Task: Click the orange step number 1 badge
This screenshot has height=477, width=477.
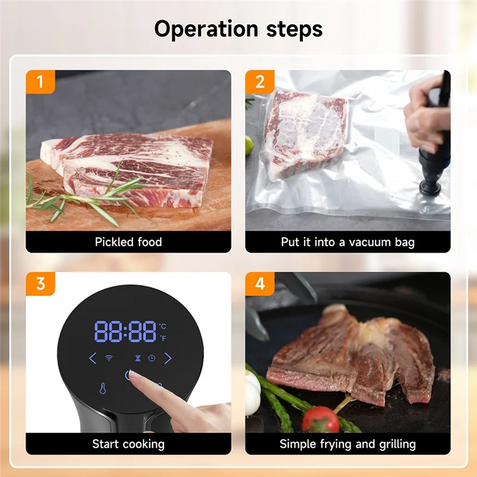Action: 40,82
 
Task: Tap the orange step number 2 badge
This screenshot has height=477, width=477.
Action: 259,82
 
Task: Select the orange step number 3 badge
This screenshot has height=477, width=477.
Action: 40,284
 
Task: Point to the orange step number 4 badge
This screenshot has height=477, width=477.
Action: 259,284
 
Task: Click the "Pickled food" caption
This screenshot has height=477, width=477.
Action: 128,242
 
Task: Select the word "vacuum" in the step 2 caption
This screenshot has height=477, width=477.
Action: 362,242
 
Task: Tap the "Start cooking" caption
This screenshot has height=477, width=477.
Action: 128,444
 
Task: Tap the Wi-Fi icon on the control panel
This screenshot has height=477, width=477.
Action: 110,358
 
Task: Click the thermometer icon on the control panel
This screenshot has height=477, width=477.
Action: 103,389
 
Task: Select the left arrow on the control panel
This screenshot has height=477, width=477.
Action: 92,358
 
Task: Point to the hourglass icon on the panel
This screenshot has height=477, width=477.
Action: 138,358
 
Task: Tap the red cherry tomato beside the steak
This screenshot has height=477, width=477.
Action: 320,419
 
